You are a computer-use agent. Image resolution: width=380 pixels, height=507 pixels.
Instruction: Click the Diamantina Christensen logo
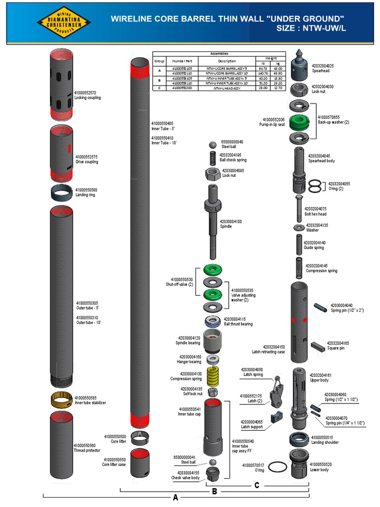tap(64, 23)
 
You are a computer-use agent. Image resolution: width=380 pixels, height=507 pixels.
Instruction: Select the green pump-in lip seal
tap(299, 120)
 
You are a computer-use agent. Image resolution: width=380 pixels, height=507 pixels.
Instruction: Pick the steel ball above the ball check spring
tap(213, 145)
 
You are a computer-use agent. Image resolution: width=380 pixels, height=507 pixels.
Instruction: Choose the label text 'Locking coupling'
tap(88, 98)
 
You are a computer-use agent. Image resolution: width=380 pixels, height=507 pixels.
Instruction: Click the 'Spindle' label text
tap(226, 226)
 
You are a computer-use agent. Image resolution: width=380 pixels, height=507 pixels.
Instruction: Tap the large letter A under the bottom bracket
tap(175, 498)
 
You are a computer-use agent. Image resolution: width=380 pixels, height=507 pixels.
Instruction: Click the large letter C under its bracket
tap(257, 486)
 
